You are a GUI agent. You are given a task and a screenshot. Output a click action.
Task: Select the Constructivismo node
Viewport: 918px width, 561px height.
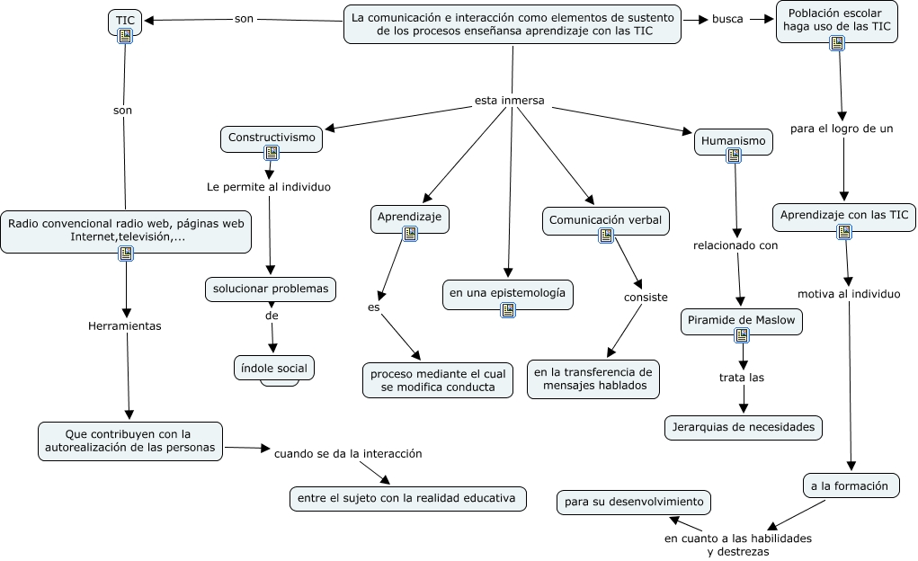(x=271, y=138)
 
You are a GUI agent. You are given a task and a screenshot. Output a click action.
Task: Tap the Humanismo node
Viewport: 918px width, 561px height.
(x=733, y=141)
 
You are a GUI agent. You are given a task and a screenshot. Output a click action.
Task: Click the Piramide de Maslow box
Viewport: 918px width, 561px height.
(x=741, y=320)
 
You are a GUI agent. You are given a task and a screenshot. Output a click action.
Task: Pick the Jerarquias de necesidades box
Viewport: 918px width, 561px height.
(x=743, y=427)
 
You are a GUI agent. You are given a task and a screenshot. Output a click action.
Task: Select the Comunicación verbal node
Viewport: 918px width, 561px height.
(x=605, y=219)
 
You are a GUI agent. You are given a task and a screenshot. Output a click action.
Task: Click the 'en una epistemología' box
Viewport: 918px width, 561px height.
(x=508, y=293)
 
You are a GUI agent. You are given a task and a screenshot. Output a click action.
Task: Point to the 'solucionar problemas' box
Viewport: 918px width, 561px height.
(x=271, y=289)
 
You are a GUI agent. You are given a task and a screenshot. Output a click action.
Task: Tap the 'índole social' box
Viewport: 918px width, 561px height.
(x=273, y=368)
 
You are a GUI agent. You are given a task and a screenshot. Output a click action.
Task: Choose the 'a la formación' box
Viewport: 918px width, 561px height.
(x=850, y=485)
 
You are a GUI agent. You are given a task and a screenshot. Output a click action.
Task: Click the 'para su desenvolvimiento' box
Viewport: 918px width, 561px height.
(x=634, y=502)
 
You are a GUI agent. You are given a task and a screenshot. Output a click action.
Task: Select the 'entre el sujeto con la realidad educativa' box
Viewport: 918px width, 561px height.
(x=407, y=498)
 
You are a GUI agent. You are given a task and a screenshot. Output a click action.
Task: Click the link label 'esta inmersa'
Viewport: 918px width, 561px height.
(x=510, y=101)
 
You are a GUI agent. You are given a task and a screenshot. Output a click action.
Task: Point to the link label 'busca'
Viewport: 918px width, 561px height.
(x=727, y=19)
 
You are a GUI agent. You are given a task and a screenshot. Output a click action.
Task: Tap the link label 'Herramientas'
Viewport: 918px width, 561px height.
(x=125, y=326)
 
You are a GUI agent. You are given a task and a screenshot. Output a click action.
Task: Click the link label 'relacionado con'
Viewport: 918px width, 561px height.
(x=735, y=245)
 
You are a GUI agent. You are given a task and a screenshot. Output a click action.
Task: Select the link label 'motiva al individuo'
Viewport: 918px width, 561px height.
(x=849, y=294)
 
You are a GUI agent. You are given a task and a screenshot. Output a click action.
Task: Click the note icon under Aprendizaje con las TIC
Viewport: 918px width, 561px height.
(x=843, y=232)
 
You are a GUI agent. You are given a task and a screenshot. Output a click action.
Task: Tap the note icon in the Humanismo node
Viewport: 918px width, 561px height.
(x=734, y=156)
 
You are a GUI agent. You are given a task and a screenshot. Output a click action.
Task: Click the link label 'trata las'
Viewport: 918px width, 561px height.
(x=742, y=378)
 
